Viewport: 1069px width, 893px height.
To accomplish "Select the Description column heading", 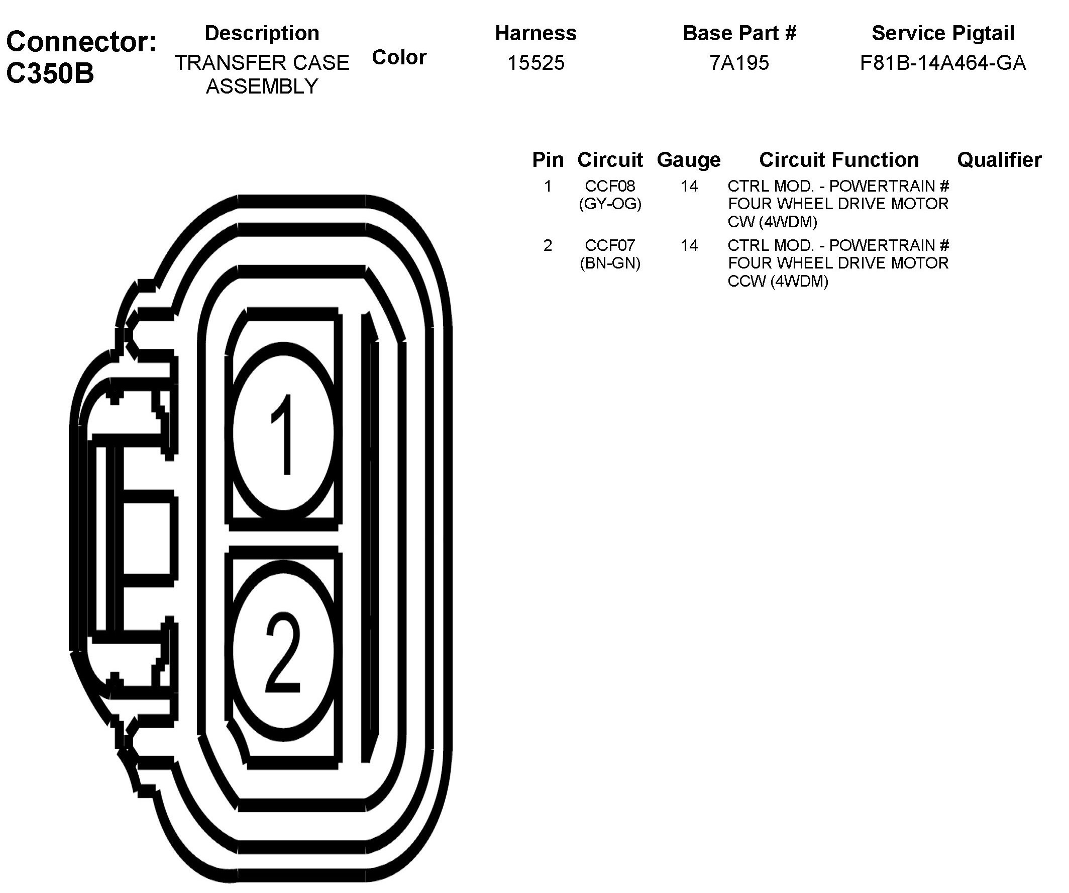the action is coord(262,34).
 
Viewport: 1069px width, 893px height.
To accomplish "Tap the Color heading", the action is coord(399,57).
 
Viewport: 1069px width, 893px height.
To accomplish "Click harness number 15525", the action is coord(536,63).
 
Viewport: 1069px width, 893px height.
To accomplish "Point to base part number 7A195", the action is coord(739,63).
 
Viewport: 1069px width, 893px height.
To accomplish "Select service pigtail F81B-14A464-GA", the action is coord(943,63).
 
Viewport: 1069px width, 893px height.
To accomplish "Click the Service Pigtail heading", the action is coord(943,34).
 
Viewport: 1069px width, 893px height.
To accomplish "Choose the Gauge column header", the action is coord(689,160).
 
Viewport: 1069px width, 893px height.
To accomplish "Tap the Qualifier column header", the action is coord(999,160).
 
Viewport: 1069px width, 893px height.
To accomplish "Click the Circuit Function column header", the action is coord(839,160).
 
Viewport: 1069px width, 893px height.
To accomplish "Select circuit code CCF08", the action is coord(610,187).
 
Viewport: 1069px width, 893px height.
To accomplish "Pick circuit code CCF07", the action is coord(610,245).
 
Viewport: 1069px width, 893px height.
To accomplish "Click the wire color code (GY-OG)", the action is coord(610,204).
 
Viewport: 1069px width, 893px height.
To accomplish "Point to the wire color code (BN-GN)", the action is coord(610,263).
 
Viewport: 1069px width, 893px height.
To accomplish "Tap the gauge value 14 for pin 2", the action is coord(689,245).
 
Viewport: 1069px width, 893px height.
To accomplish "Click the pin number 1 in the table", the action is coord(548,187).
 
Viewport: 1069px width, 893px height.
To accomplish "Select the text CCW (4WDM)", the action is coord(778,281).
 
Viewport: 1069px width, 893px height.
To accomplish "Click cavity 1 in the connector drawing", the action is coord(283,433).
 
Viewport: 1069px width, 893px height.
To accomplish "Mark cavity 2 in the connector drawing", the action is coord(283,652).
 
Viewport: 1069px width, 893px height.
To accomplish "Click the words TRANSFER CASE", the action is coord(262,63).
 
